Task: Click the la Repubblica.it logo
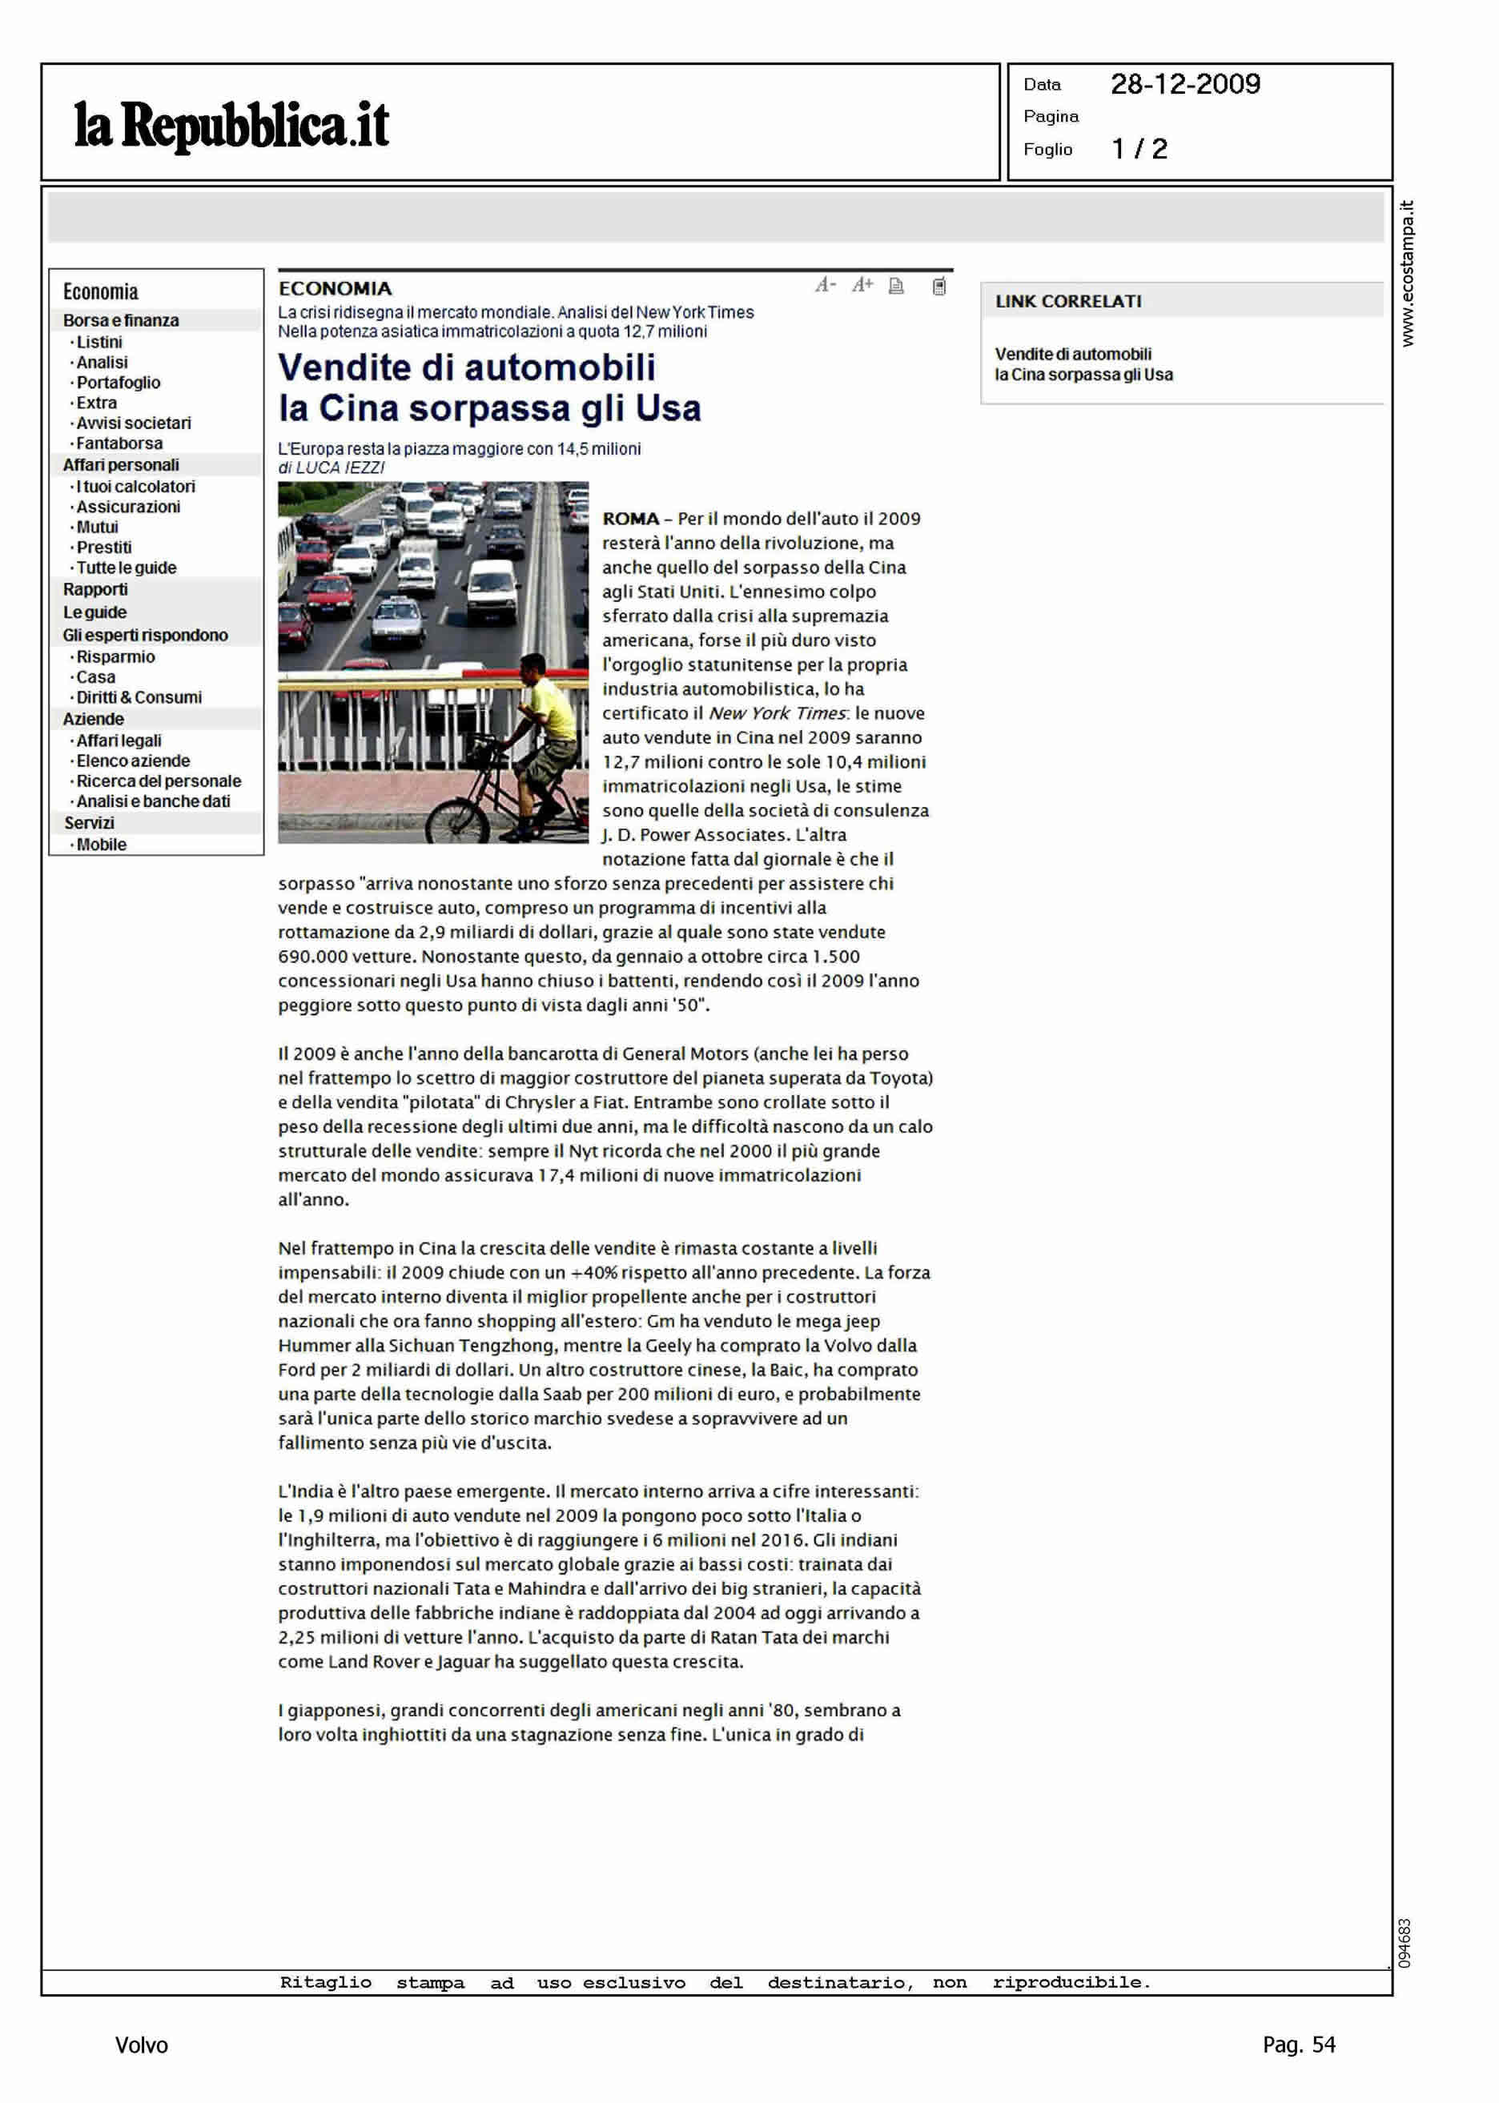[231, 126]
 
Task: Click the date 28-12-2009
[1185, 85]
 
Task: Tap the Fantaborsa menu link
[119, 443]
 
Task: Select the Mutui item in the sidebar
[97, 527]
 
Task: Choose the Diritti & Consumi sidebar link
[139, 696]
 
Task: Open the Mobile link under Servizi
[102, 845]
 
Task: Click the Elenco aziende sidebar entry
[133, 761]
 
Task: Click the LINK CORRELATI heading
[1068, 301]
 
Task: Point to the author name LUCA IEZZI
[340, 468]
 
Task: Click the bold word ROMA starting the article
[630, 519]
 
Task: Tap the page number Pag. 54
[1298, 2044]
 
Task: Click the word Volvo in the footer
[141, 2045]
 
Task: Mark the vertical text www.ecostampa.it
[1407, 274]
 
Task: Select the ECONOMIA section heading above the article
[335, 289]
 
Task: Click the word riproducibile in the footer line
[1071, 1982]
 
